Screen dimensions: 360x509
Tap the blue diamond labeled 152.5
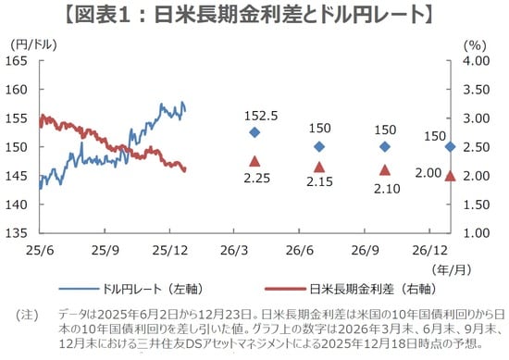coord(254,132)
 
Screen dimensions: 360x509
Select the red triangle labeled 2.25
coord(254,161)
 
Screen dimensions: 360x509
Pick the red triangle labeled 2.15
coord(319,167)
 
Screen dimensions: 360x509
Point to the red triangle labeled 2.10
coord(385,169)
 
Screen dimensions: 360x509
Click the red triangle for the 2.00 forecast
coord(450,176)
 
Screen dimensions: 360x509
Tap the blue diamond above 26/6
coord(319,146)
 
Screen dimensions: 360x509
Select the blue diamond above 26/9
coord(385,146)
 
